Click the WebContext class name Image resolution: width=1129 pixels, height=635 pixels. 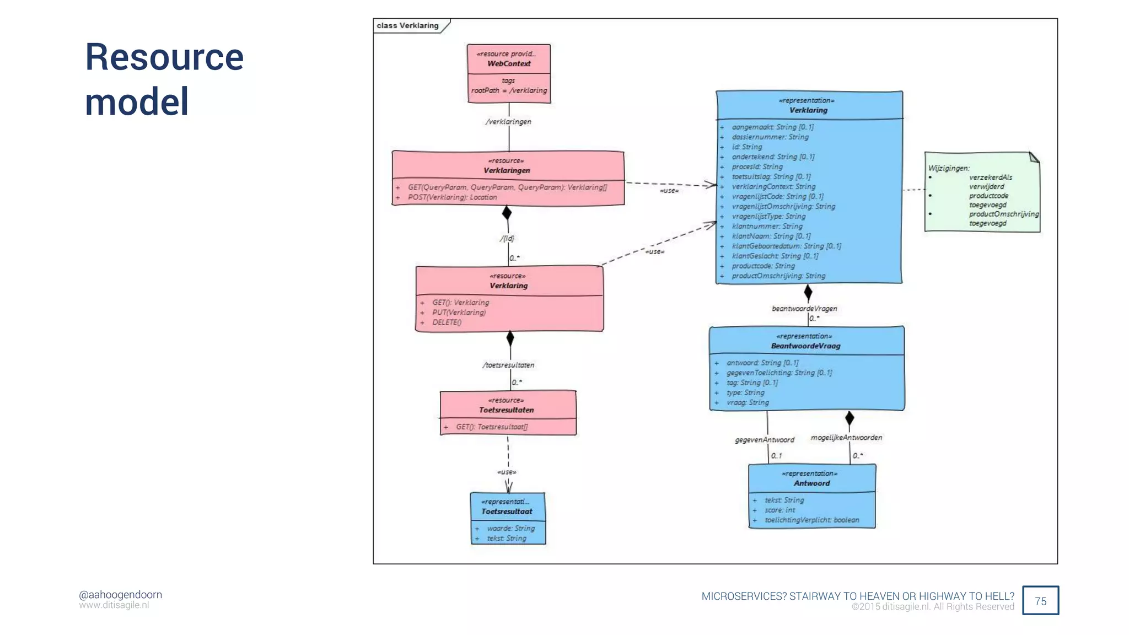(509, 64)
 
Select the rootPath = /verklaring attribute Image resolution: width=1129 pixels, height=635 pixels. (509, 90)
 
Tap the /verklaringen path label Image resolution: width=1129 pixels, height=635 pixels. (508, 122)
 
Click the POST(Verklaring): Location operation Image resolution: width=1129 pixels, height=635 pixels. (452, 197)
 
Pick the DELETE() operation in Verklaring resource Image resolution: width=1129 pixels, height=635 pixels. (447, 322)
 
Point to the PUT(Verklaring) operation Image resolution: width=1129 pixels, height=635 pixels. (459, 313)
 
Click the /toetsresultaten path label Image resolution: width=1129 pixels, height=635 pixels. (508, 365)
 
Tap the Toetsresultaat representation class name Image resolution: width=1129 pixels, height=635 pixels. (507, 512)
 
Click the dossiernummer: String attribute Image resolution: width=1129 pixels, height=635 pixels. (770, 137)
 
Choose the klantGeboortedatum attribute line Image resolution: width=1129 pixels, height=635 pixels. (786, 246)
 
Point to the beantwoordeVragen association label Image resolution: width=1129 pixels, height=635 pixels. (804, 309)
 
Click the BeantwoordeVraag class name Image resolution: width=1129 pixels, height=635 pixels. (805, 346)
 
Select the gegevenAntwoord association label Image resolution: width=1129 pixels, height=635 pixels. (765, 440)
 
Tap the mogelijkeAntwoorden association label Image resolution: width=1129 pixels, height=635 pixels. (846, 438)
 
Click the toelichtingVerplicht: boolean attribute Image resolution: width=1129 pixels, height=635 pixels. (811, 520)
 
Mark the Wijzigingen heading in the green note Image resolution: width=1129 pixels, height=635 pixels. (948, 168)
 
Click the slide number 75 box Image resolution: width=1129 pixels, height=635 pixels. (1040, 601)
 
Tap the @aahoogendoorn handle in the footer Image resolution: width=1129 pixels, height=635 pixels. (120, 594)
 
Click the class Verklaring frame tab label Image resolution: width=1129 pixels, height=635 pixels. (407, 26)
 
